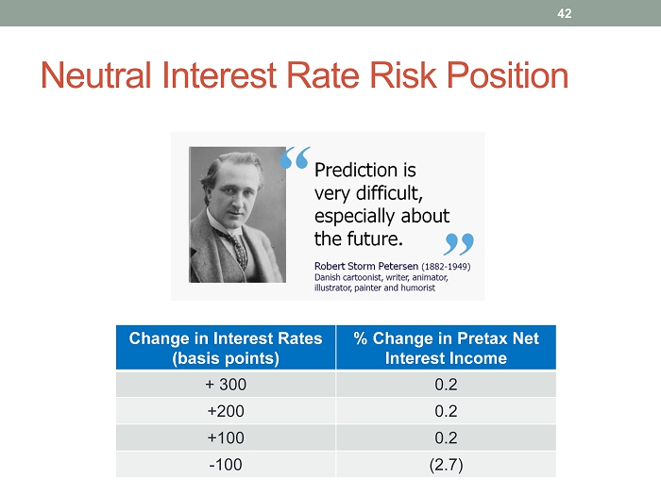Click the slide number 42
pos(564,13)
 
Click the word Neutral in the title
pos(95,75)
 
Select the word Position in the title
pos(508,75)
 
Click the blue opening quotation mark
pos(295,157)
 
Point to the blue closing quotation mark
pos(459,244)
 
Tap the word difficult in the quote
pos(389,193)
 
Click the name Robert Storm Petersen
pos(366,266)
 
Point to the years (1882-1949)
pos(446,267)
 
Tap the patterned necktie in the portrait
pos(236,247)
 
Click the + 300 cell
pos(226,385)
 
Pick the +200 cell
pos(226,411)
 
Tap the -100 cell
pos(226,465)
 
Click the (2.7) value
pos(446,465)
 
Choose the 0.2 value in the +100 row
pos(446,438)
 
